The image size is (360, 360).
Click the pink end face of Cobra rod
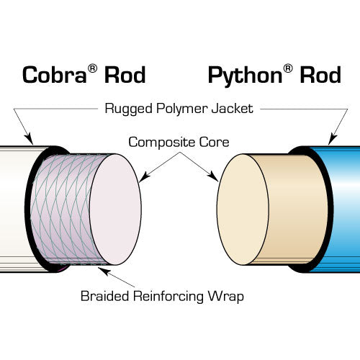tap(116, 210)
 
